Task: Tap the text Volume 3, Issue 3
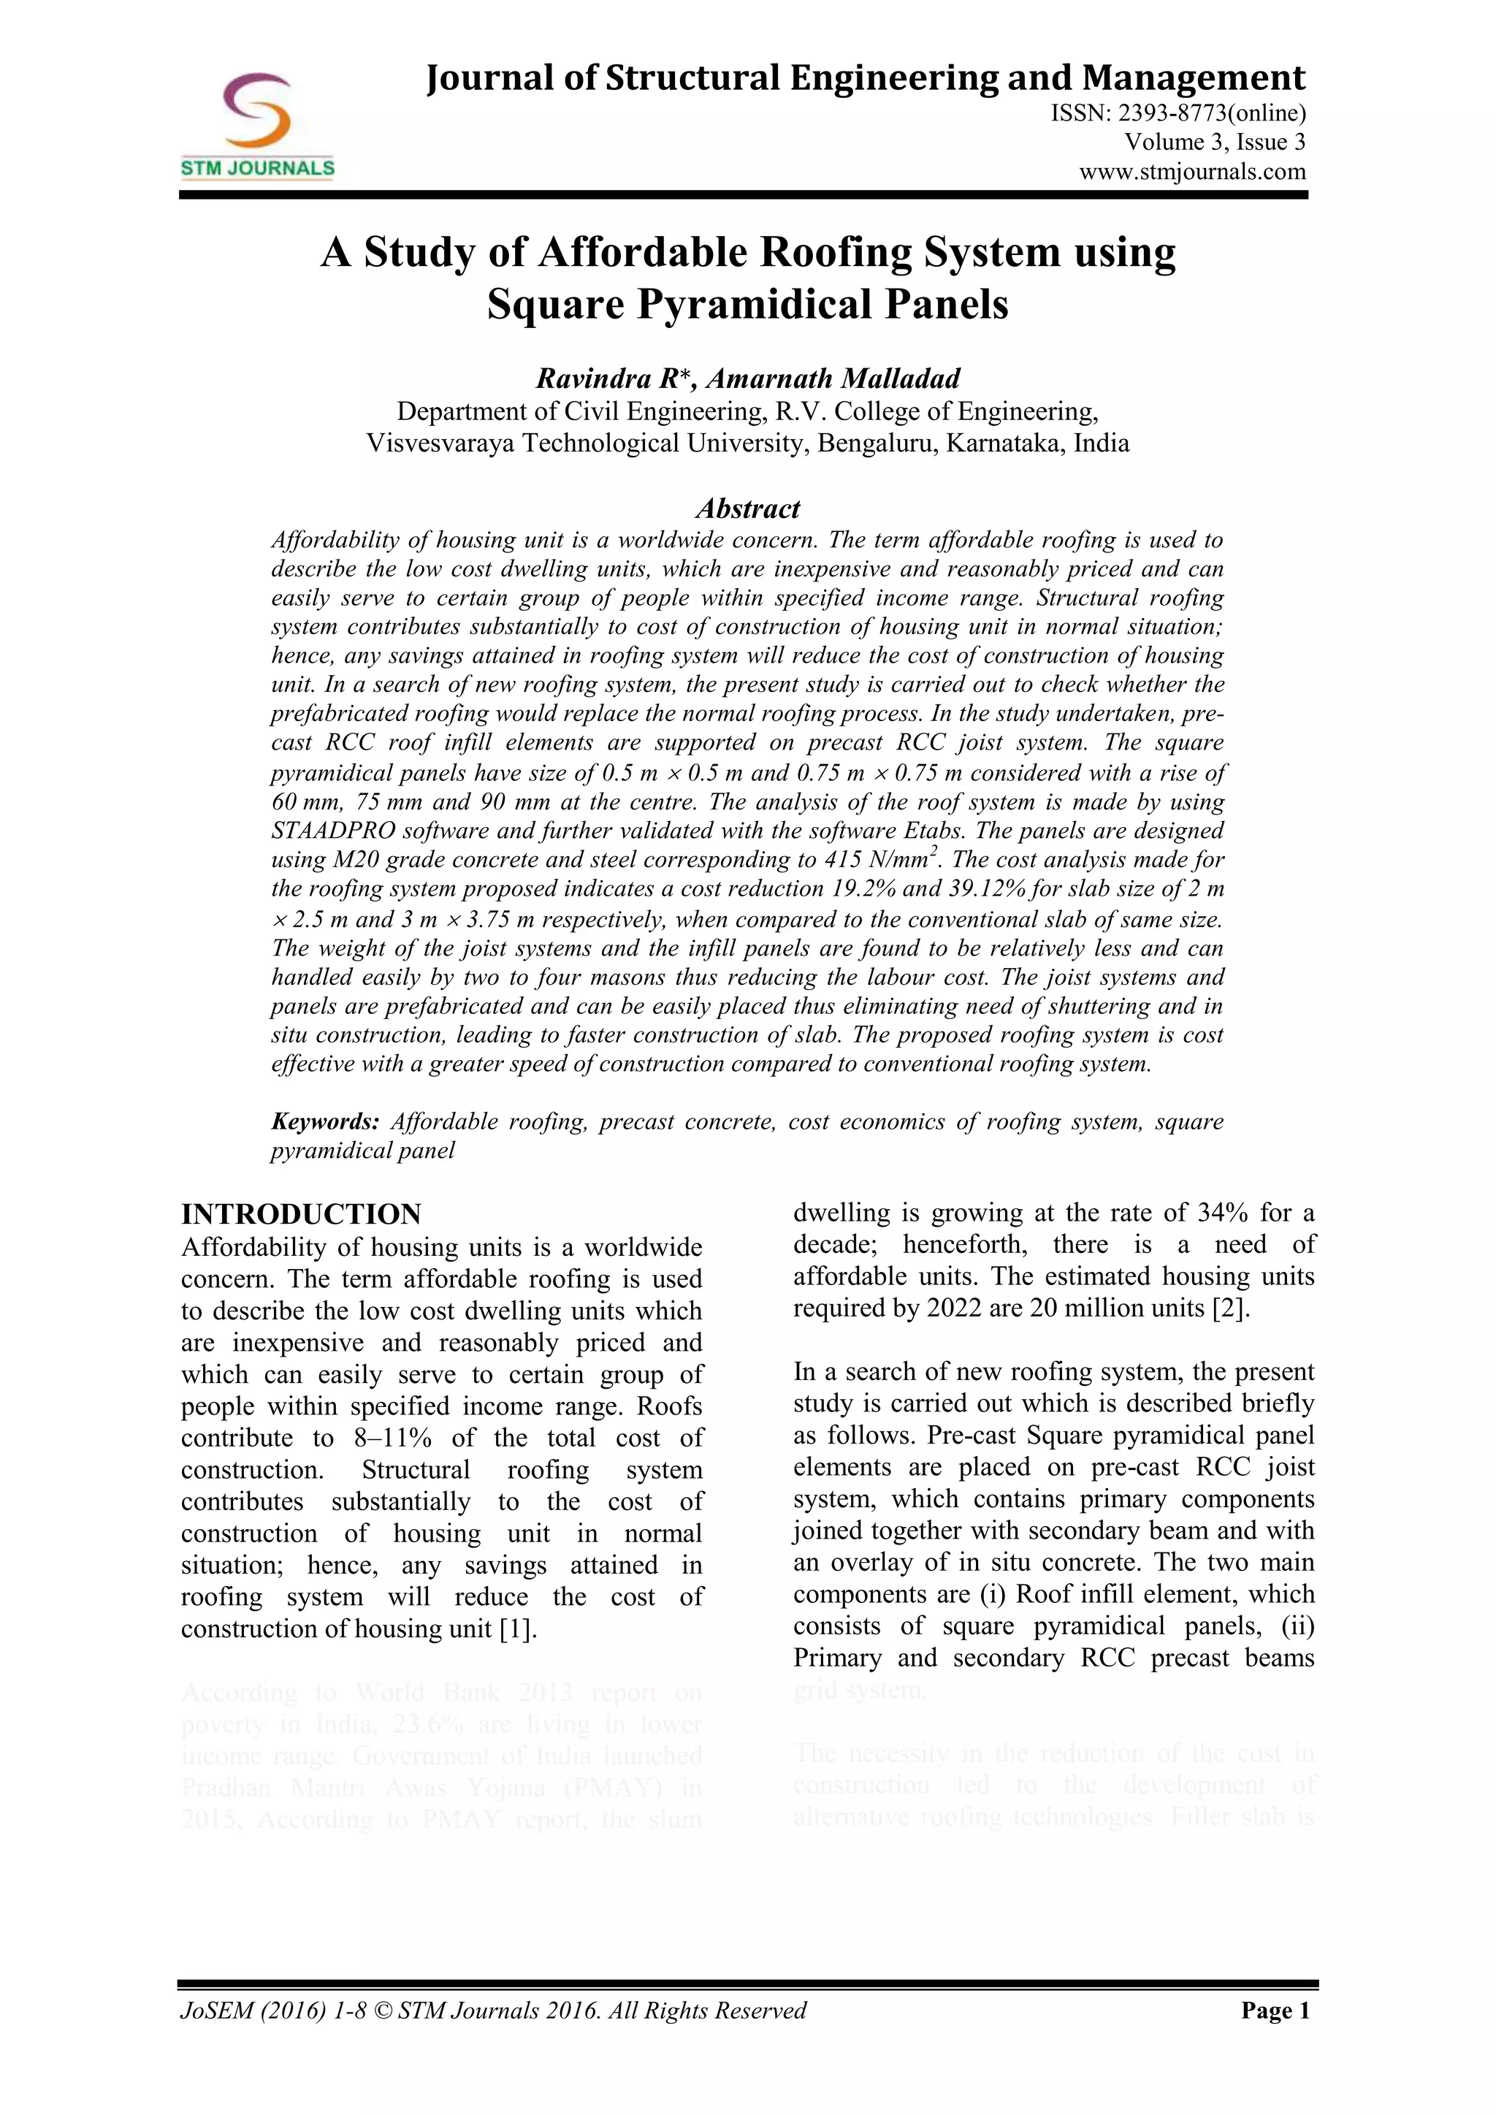tap(1214, 142)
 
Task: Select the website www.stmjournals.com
tap(1192, 172)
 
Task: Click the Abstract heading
tap(747, 508)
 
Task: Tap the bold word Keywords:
tap(325, 1122)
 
